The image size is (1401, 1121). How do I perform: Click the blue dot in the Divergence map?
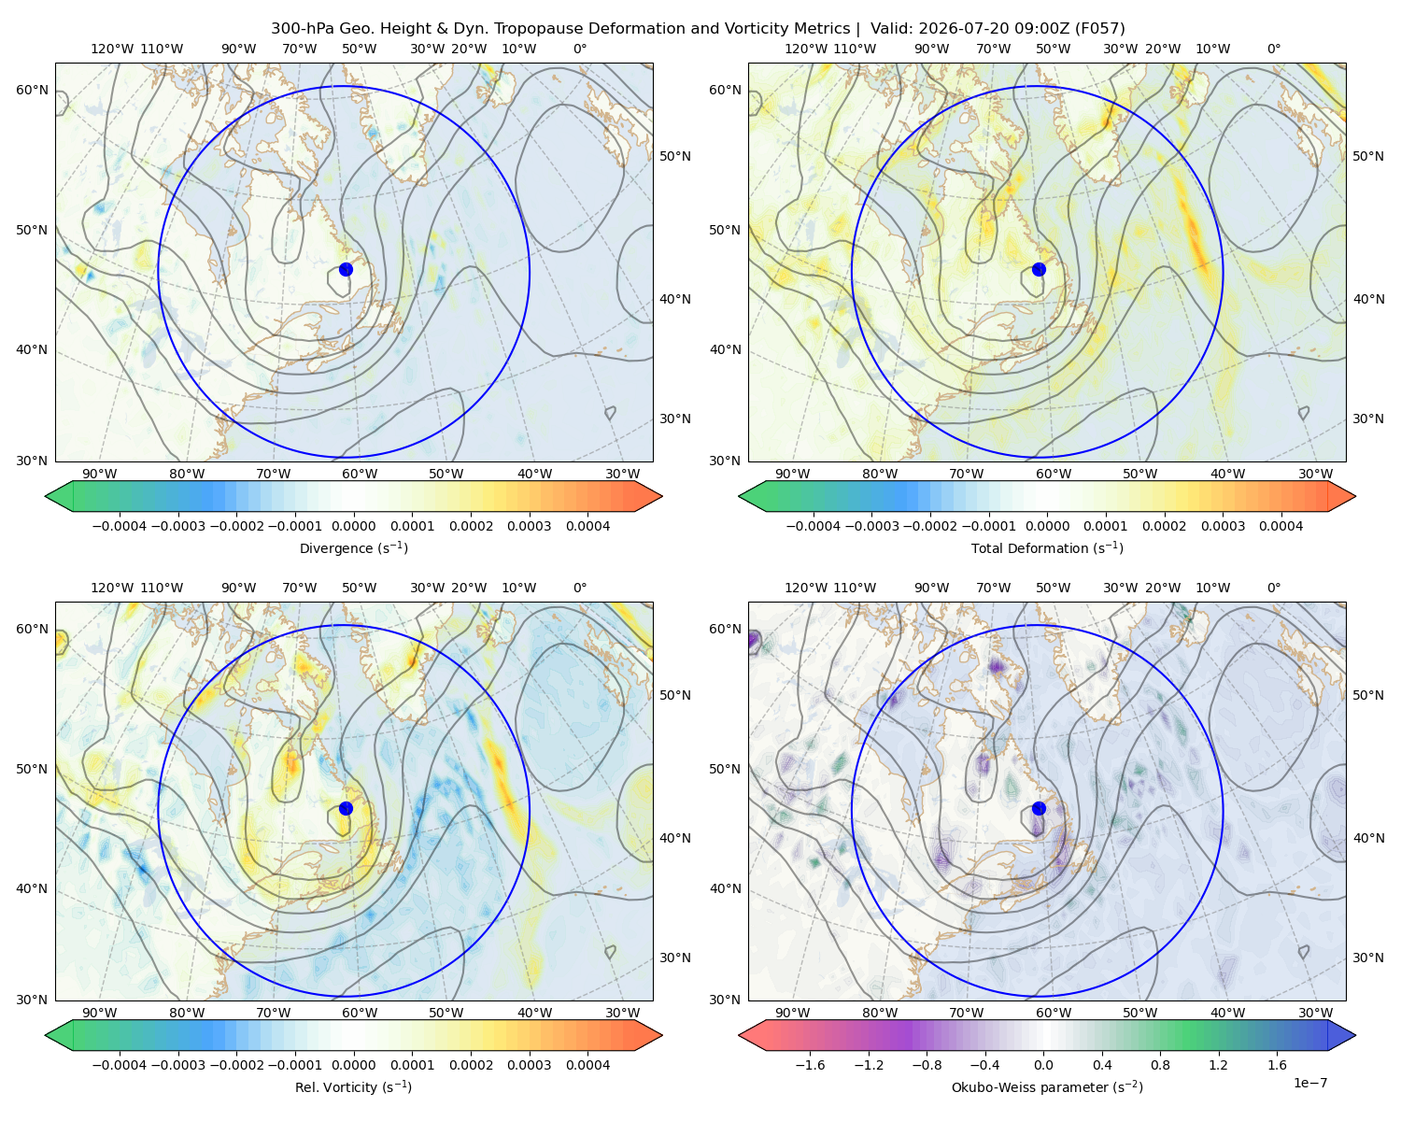click(x=346, y=270)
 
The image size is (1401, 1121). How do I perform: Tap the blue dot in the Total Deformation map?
click(x=1039, y=270)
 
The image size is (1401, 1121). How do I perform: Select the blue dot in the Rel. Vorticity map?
click(x=346, y=808)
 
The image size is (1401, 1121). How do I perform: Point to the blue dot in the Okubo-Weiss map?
click(x=1039, y=808)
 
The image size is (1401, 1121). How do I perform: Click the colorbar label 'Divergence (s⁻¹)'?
click(x=353, y=548)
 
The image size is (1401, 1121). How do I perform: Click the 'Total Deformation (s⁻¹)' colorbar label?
click(x=1047, y=548)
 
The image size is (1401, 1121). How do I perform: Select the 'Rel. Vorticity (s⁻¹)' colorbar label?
click(x=353, y=1087)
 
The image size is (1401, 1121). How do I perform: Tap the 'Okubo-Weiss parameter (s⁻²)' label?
click(x=1047, y=1087)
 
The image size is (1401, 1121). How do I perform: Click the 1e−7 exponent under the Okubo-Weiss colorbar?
click(x=1309, y=1083)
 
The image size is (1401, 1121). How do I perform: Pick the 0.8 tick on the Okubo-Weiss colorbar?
click(x=1160, y=1065)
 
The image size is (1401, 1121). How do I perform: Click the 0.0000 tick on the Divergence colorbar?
click(x=353, y=526)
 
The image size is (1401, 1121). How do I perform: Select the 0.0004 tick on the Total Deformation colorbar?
click(x=1281, y=526)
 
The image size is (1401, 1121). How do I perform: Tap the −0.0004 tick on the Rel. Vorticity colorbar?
click(x=120, y=1065)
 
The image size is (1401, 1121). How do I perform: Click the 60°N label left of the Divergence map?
click(x=32, y=90)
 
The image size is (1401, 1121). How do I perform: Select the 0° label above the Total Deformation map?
click(x=1273, y=49)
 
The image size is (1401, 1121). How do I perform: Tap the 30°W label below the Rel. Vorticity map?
click(x=622, y=1013)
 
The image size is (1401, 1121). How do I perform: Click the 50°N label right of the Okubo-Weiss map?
click(x=1368, y=695)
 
